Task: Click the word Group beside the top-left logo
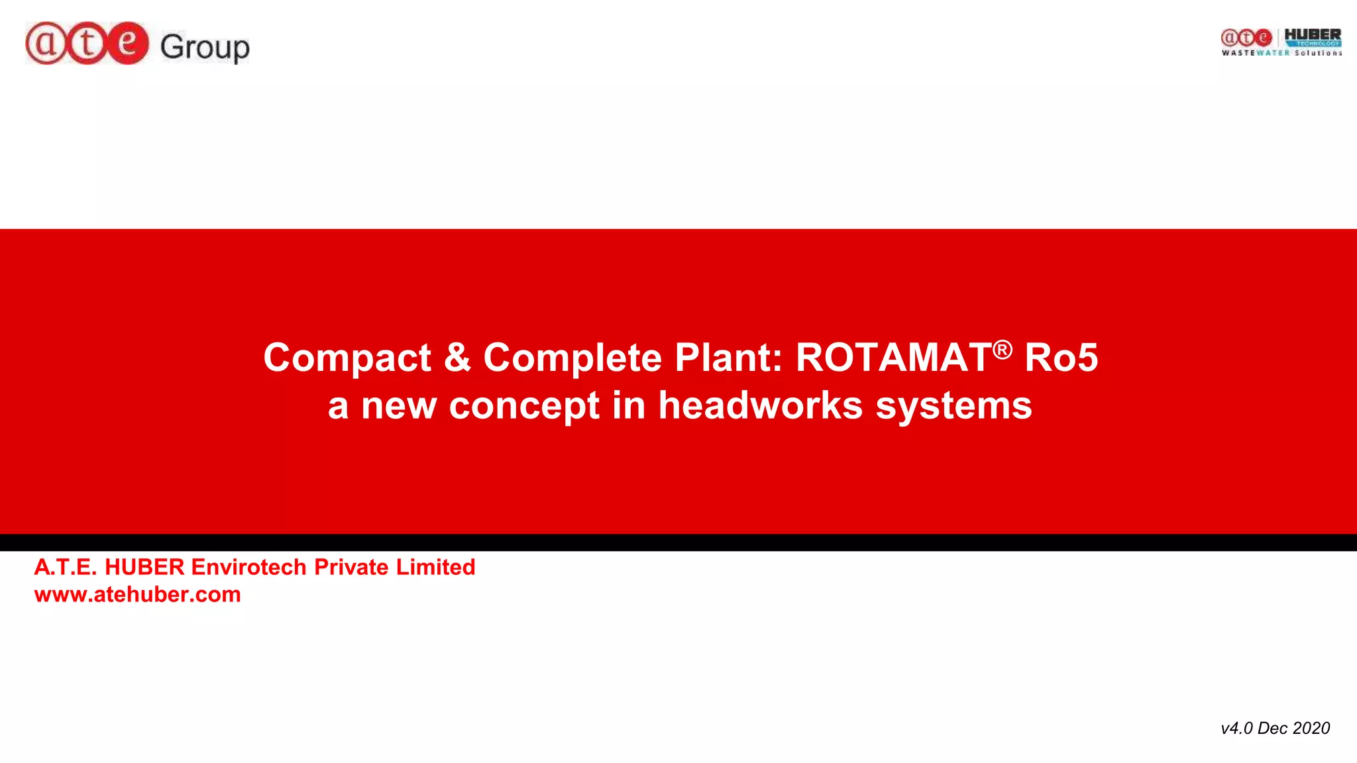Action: click(x=205, y=47)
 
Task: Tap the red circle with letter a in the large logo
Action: click(x=46, y=43)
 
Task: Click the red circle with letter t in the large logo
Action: click(x=86, y=43)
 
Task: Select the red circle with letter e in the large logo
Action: click(x=127, y=43)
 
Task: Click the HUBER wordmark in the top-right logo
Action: click(x=1312, y=34)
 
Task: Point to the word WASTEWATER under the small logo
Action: click(x=1256, y=53)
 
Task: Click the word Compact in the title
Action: click(x=347, y=358)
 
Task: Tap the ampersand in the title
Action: click(x=457, y=358)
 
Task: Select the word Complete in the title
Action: click(x=572, y=358)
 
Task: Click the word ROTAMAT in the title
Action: click(x=893, y=358)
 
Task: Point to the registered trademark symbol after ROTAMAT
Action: click(x=1003, y=349)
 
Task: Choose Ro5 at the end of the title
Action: click(x=1061, y=358)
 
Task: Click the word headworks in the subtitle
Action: click(x=761, y=405)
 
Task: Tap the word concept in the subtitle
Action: click(x=524, y=405)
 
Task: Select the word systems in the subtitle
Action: click(x=953, y=405)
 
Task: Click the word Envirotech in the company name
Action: click(x=248, y=567)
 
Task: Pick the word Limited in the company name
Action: click(x=435, y=567)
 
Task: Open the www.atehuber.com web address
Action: click(x=138, y=594)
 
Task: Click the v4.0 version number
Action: click(x=1236, y=728)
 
